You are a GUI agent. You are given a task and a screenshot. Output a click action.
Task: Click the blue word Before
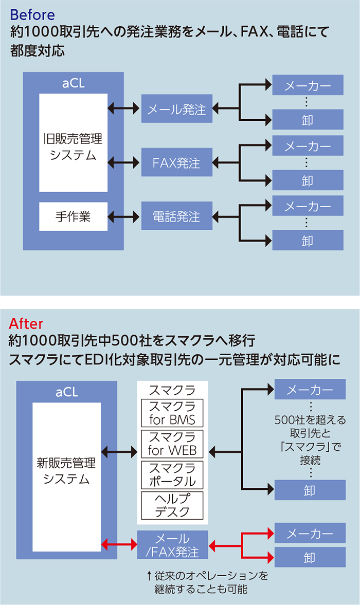[32, 14]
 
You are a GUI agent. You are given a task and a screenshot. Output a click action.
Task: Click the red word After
[26, 323]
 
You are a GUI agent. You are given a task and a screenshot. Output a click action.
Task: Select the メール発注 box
[176, 109]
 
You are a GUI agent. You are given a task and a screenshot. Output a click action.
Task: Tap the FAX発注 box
[176, 163]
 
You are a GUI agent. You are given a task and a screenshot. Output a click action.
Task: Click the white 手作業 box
[73, 216]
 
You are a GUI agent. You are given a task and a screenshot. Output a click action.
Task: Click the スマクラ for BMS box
[172, 413]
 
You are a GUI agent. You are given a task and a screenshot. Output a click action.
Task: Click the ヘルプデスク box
[172, 505]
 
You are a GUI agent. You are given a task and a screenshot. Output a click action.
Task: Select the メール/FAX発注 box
[172, 545]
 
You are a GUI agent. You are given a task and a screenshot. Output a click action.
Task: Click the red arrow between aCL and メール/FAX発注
[119, 544]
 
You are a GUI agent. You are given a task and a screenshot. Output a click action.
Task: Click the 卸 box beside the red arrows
[310, 557]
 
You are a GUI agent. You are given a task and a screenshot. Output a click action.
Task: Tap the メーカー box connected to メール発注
[308, 85]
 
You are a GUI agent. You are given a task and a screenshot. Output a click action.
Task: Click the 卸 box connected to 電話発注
[308, 241]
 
